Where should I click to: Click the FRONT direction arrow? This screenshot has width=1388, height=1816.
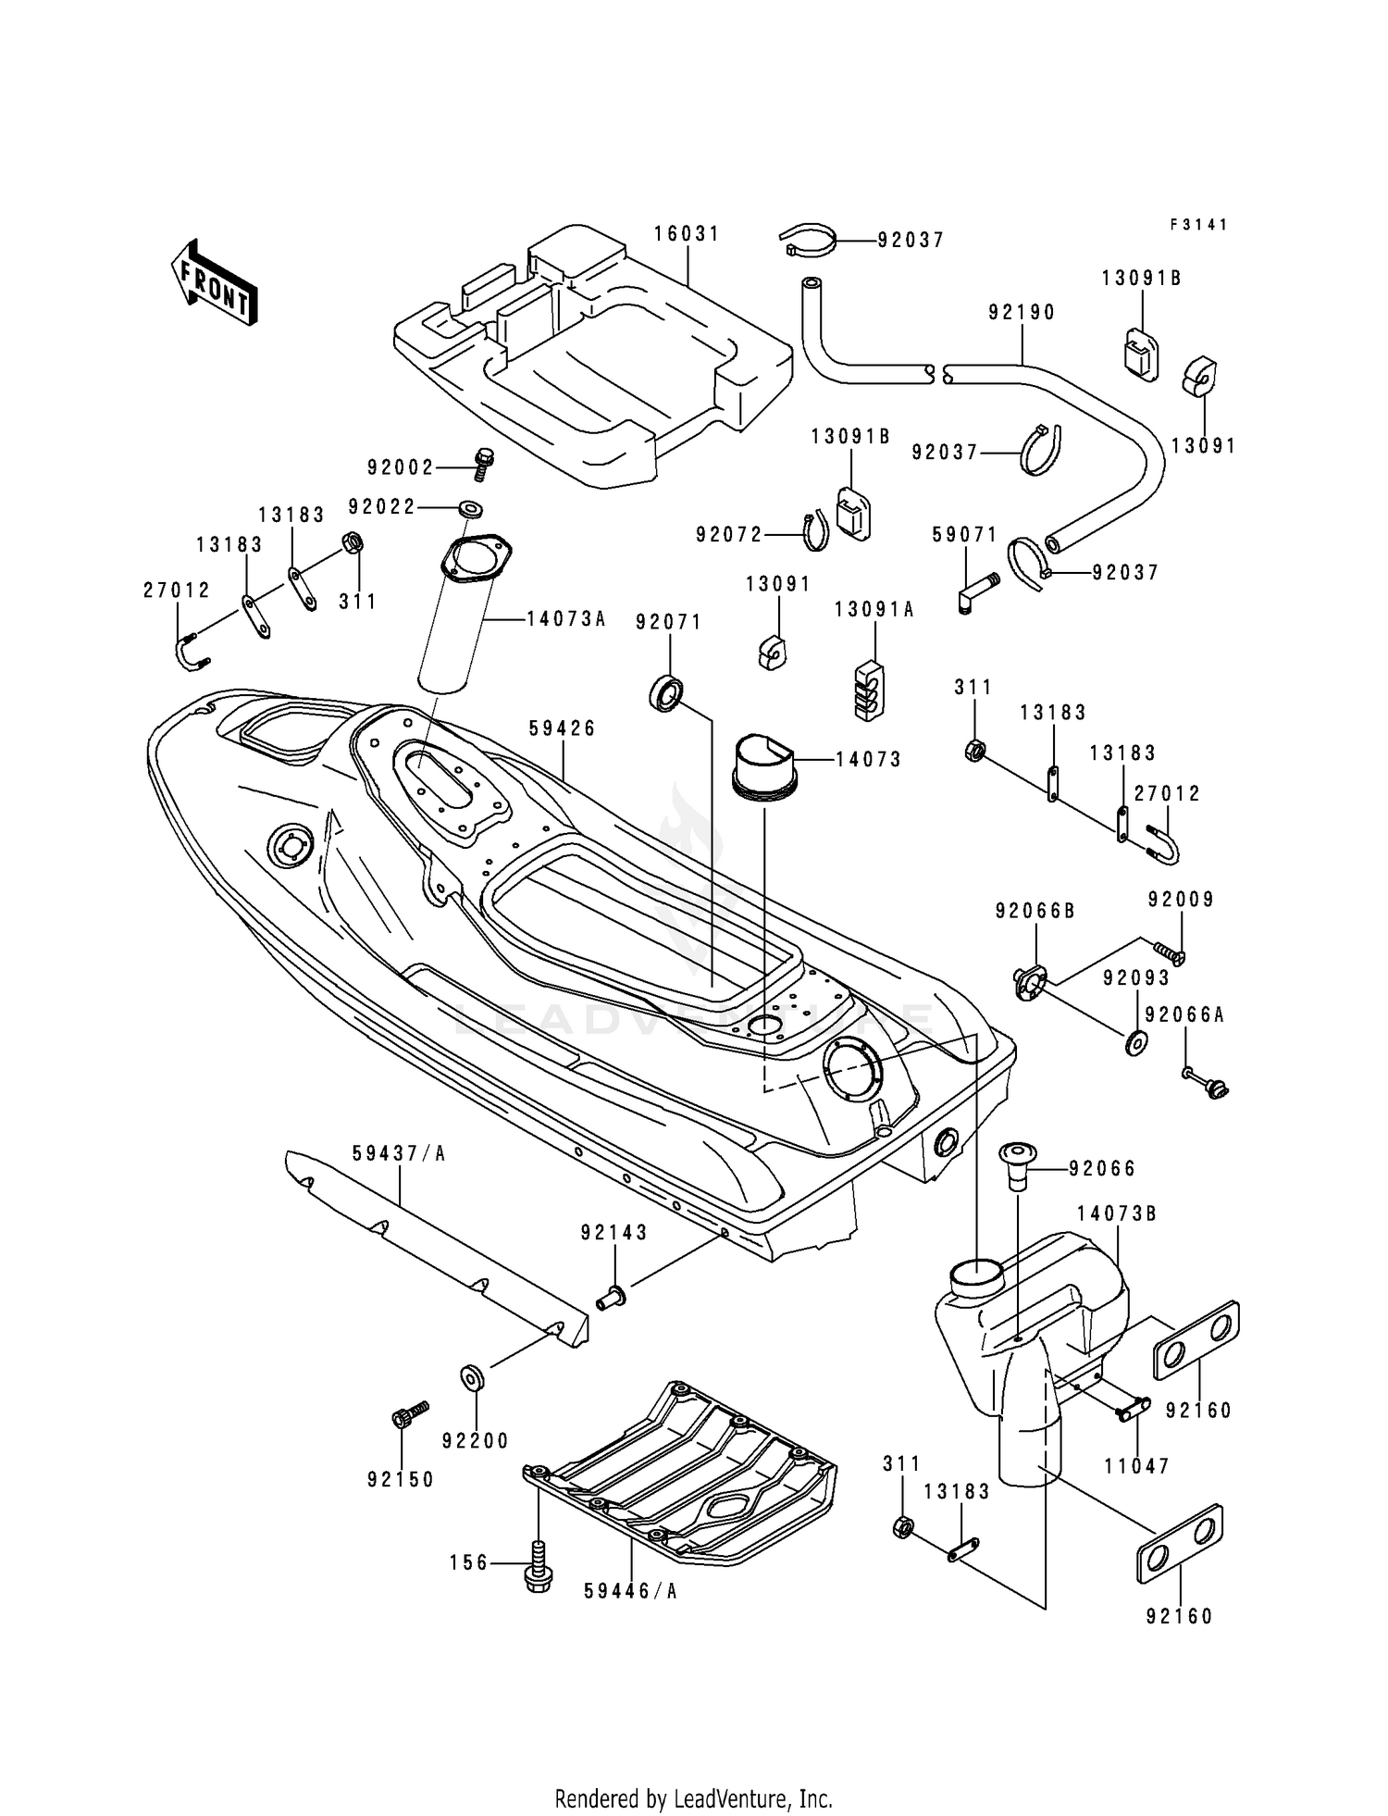coord(214,281)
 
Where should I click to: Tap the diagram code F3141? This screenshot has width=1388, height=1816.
coord(1198,224)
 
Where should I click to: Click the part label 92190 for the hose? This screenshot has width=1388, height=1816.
coord(1022,312)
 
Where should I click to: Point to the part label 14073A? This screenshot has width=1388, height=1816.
coord(566,618)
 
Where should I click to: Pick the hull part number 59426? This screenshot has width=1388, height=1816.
coord(563,728)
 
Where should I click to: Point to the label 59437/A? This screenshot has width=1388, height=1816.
coord(399,1153)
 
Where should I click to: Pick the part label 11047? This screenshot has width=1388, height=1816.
coord(1137,1466)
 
